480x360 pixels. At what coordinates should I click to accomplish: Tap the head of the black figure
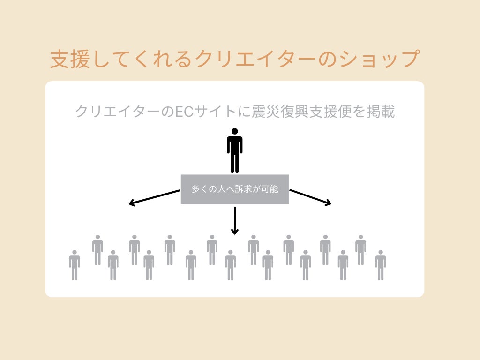234,132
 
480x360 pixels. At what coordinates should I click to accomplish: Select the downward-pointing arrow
235,220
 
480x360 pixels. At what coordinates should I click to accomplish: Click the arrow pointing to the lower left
154,197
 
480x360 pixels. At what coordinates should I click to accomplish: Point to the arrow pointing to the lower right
310,197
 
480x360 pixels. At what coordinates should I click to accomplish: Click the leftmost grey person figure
75,265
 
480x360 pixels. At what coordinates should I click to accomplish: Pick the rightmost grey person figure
380,265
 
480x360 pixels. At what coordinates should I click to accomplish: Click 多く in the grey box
200,189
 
